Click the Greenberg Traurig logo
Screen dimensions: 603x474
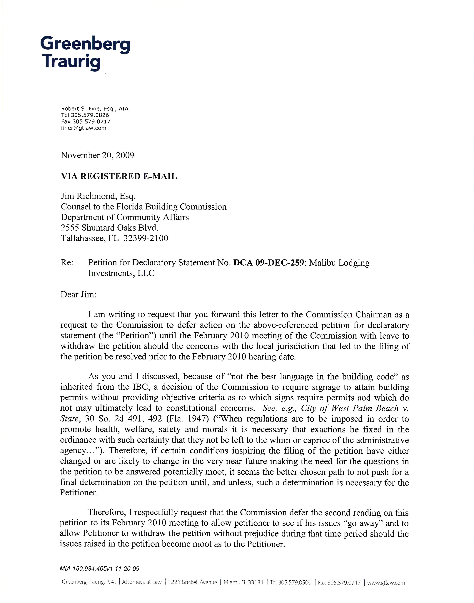pos(85,53)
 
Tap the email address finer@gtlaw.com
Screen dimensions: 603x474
pos(84,128)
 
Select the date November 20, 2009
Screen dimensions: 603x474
pos(97,155)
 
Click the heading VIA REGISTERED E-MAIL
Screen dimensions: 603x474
pos(119,176)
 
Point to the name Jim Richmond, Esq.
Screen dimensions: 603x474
pos(98,196)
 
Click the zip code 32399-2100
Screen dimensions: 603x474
pos(146,238)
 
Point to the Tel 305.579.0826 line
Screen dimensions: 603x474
pos(85,115)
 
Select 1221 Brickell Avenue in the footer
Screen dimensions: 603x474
pos(193,582)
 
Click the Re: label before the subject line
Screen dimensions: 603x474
pos(67,263)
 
